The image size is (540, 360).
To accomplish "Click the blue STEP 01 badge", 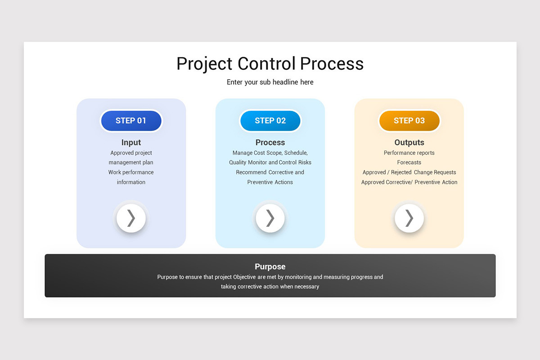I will click(x=131, y=121).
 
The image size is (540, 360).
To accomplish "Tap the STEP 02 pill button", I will click(x=270, y=121).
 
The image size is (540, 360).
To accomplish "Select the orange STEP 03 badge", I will click(x=409, y=121).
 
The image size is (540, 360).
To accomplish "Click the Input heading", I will click(x=131, y=143).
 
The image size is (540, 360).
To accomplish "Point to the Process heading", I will click(x=270, y=143).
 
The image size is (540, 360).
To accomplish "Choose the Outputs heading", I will click(x=409, y=143).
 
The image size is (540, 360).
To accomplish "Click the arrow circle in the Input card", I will click(x=131, y=218).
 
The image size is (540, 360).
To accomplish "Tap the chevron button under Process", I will click(x=270, y=218).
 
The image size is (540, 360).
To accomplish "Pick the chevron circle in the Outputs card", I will click(x=409, y=218).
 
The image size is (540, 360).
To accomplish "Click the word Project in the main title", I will click(x=205, y=64).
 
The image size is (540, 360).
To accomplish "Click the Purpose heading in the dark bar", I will click(x=270, y=266).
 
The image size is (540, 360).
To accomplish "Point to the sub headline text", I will click(x=270, y=82).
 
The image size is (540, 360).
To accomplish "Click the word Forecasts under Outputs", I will click(x=409, y=162).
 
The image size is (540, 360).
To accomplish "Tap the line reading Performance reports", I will click(x=409, y=153).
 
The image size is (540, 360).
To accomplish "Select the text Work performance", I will click(x=131, y=172).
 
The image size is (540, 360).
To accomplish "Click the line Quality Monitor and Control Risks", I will click(x=270, y=162).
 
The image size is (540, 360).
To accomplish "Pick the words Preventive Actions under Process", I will click(x=270, y=182).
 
